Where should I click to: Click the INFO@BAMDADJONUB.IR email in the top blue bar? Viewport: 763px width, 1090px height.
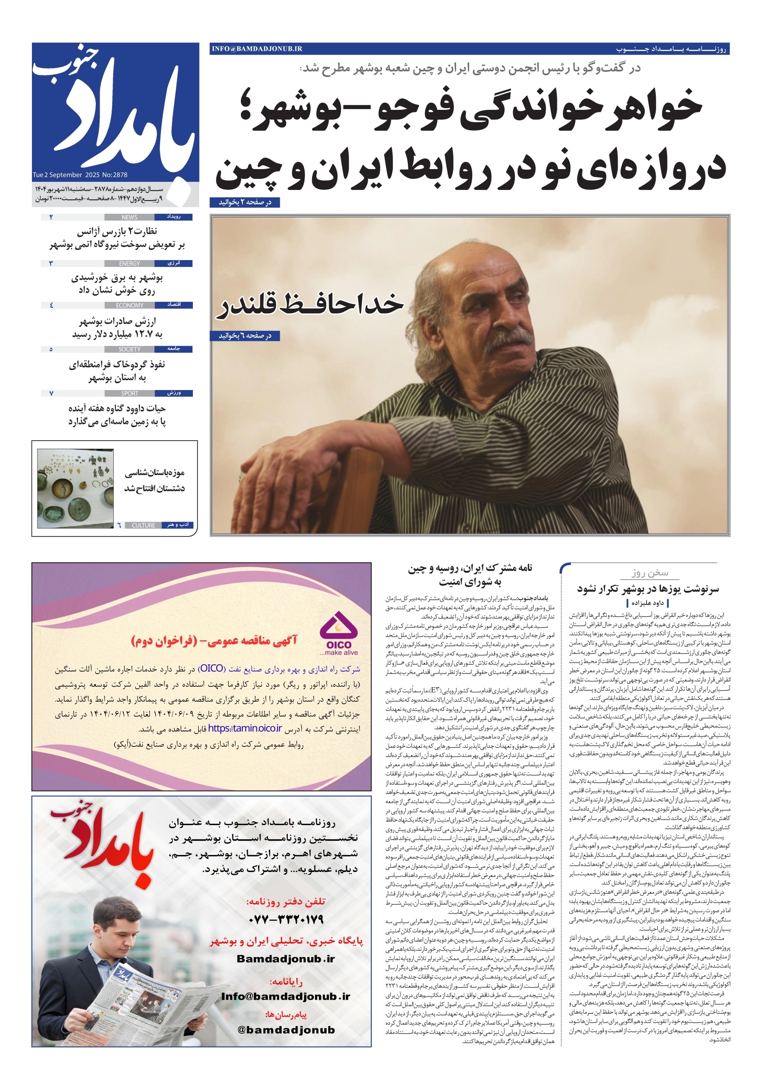257,49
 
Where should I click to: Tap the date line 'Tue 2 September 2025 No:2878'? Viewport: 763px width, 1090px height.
80,175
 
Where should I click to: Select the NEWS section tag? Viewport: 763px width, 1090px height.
129,218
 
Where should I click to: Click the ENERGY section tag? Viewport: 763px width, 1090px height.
129,264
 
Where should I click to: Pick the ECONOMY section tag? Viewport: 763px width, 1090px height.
129,305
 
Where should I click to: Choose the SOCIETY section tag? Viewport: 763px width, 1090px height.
129,350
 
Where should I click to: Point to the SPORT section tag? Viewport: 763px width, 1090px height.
129,393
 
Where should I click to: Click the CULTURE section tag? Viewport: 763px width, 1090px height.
143,525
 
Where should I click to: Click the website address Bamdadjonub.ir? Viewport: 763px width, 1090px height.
286,959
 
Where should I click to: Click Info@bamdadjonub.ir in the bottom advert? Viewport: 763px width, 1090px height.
286,996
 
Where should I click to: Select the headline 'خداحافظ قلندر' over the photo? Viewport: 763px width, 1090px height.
310,305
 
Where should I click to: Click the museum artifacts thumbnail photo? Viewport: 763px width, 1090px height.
75,488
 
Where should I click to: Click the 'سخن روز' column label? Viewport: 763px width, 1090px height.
649,573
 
